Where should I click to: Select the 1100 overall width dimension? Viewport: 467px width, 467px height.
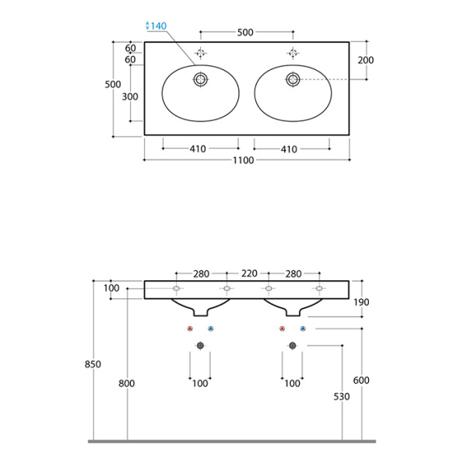click(x=245, y=160)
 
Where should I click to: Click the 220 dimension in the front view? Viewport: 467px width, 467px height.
click(x=248, y=273)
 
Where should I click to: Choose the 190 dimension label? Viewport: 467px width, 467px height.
click(x=363, y=302)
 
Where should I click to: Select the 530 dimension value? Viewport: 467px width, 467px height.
click(x=342, y=396)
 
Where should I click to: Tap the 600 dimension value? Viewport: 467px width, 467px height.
click(x=361, y=381)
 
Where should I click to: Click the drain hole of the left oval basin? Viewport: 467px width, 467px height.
click(x=201, y=79)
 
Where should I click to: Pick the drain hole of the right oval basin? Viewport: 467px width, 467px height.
click(x=293, y=79)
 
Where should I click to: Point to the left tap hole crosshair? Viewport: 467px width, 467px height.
click(x=201, y=53)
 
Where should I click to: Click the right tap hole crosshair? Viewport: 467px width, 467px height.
click(x=293, y=53)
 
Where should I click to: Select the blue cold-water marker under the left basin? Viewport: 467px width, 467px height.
click(x=210, y=330)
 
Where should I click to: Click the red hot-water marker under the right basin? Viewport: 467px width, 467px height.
click(x=283, y=330)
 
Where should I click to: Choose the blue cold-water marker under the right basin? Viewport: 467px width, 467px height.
click(x=303, y=330)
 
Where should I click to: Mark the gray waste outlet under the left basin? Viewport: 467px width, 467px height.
click(x=201, y=345)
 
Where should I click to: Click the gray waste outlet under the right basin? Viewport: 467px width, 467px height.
click(x=293, y=345)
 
